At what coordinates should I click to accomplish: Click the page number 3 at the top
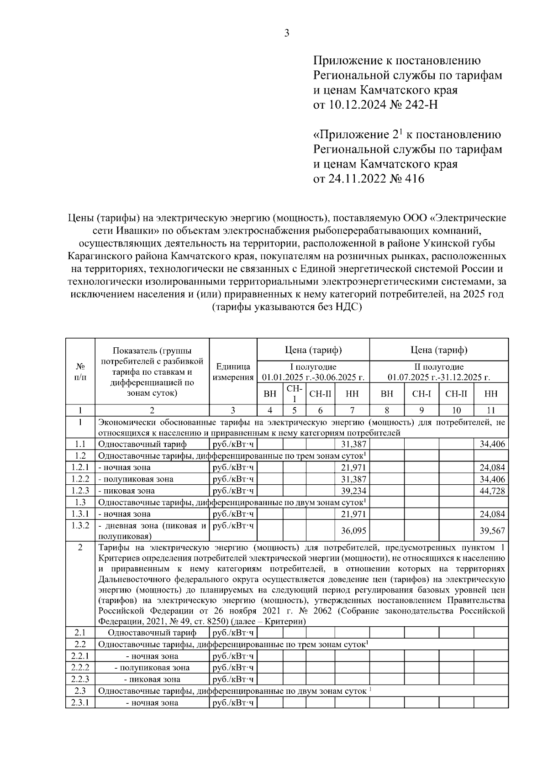coord(287,33)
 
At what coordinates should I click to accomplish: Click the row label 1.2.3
coord(80,491)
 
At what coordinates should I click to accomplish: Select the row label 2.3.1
coord(80,702)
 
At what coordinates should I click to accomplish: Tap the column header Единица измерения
coord(233,372)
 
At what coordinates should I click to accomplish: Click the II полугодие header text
coord(439,367)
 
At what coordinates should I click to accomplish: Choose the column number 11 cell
coord(491,410)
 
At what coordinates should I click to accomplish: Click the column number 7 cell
coord(352,410)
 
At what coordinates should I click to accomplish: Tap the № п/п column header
coord(80,372)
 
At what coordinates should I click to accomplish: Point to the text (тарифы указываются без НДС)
coord(287,308)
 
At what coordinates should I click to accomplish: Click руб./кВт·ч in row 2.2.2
coord(233,668)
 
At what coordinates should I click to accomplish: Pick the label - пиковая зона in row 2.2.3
coord(152,679)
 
